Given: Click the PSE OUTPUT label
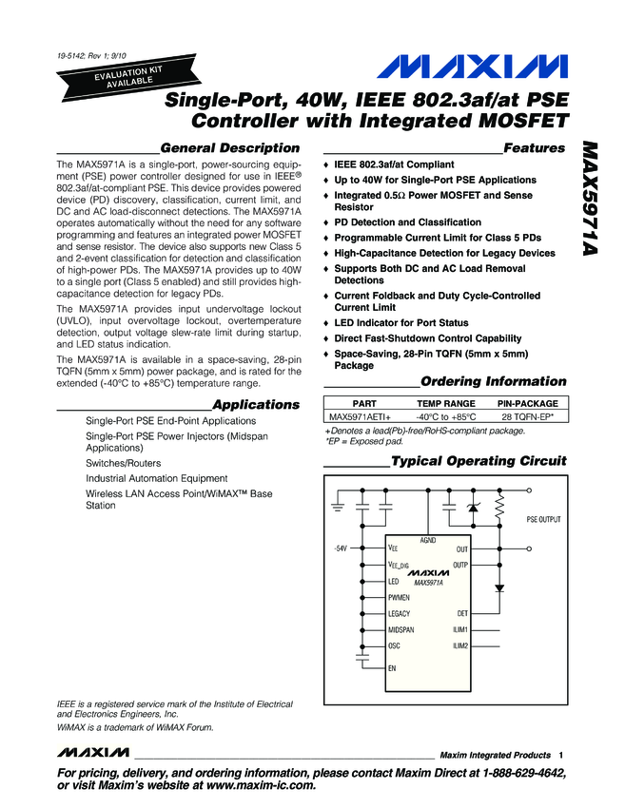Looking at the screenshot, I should tap(544, 520).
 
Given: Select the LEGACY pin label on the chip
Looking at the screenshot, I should tap(400, 614).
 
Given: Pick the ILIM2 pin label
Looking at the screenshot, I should tap(459, 646).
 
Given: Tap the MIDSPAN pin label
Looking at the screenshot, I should tap(401, 630).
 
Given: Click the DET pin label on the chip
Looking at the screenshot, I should tap(461, 614).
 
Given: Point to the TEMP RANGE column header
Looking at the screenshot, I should tap(446, 403).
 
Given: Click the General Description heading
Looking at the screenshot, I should tap(230, 148).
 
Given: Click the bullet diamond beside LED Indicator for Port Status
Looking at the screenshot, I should tap(325, 323).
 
